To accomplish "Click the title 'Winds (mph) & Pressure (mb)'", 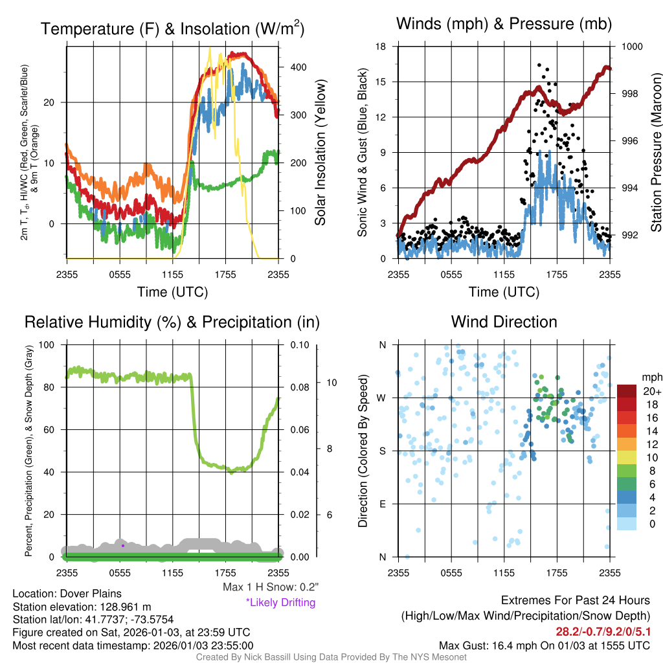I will coord(504,25).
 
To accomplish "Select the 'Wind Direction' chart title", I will coord(504,322).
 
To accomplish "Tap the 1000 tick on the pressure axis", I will coord(631,47).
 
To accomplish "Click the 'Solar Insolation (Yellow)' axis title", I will coord(320,153).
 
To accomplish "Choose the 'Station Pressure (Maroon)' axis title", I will coord(655,153).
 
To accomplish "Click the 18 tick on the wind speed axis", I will coord(381,47).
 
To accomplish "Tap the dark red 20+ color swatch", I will coord(626,391).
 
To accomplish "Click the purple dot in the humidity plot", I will coord(123,545).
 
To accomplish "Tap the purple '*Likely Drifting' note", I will coord(280,603).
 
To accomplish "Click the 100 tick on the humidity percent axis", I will coord(48,345).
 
